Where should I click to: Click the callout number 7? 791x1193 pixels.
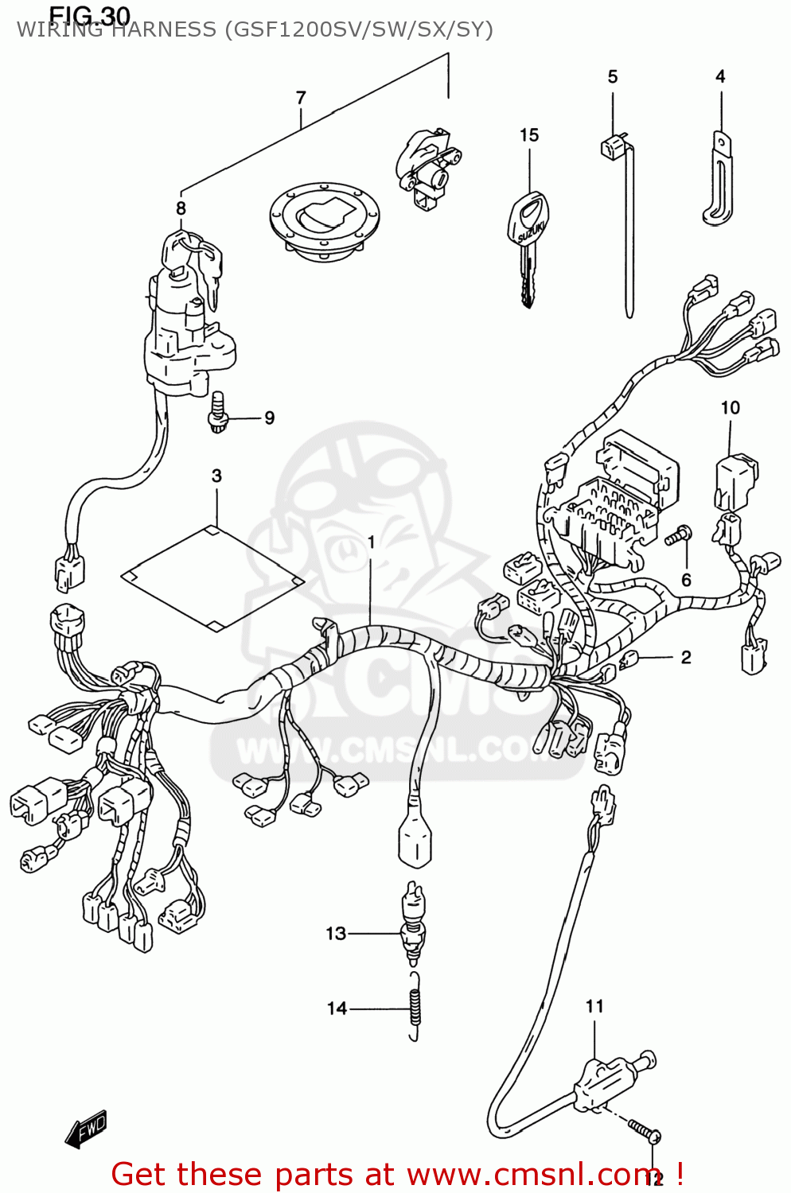[x=301, y=98]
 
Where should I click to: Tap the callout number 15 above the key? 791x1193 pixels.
[x=529, y=135]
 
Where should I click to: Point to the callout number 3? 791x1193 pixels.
[x=216, y=476]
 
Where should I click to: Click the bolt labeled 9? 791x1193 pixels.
[x=217, y=413]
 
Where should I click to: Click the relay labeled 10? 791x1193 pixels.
[x=735, y=481]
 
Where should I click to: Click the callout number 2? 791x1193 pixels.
[x=686, y=657]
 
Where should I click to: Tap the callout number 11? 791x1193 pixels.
[x=594, y=1006]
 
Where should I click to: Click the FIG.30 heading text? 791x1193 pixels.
[x=89, y=14]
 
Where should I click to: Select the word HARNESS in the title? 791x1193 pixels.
[x=166, y=30]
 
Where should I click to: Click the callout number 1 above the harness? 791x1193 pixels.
[x=371, y=542]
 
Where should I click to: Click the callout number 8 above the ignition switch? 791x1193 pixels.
[x=181, y=208]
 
